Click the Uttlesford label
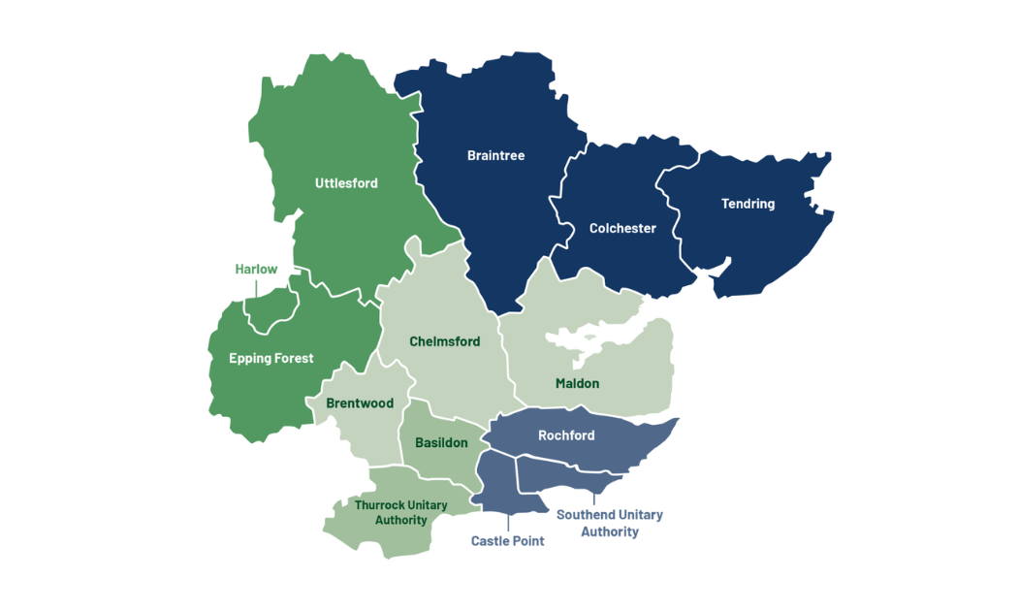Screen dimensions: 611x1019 (346, 183)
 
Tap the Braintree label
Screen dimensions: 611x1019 (495, 155)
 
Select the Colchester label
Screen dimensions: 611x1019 (622, 229)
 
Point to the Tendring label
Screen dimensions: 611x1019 (748, 204)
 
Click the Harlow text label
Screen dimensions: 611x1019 (256, 270)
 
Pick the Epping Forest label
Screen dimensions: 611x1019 (271, 359)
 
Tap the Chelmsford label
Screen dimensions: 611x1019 (444, 341)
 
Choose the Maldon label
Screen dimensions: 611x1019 (577, 383)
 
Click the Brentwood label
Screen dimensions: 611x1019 (360, 403)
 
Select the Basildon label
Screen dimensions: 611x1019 (441, 443)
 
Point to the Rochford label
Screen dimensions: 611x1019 (566, 435)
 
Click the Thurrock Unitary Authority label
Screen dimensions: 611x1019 (400, 513)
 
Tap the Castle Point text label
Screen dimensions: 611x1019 (507, 541)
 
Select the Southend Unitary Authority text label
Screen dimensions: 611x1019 (609, 523)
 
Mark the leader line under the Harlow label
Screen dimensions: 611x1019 (256, 289)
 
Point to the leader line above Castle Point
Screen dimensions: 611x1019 (508, 522)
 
